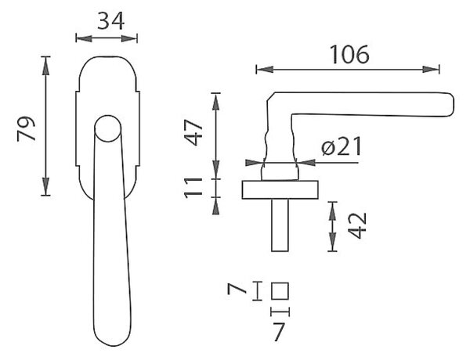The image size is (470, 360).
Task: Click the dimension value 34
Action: tap(110, 21)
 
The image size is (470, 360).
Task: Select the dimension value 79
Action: tap(26, 128)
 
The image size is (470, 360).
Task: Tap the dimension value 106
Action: tap(349, 55)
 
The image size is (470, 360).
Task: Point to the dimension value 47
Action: tap(194, 132)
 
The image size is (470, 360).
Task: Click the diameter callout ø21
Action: tap(342, 146)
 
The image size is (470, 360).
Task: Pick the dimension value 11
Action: tap(193, 188)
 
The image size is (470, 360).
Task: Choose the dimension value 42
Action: tap(358, 225)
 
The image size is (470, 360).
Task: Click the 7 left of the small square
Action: tap(237, 290)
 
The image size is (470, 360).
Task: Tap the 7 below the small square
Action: tap(278, 332)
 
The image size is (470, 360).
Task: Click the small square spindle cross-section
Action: tap(280, 291)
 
